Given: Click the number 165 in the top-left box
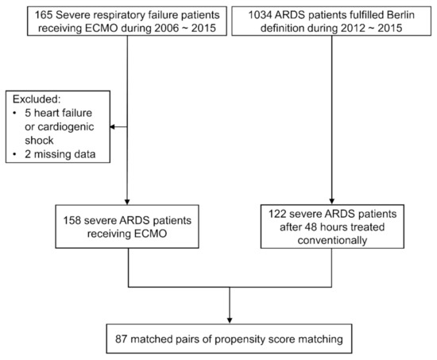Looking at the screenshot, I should (x=25, y=15).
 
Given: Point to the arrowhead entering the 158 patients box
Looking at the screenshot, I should (x=128, y=202).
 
